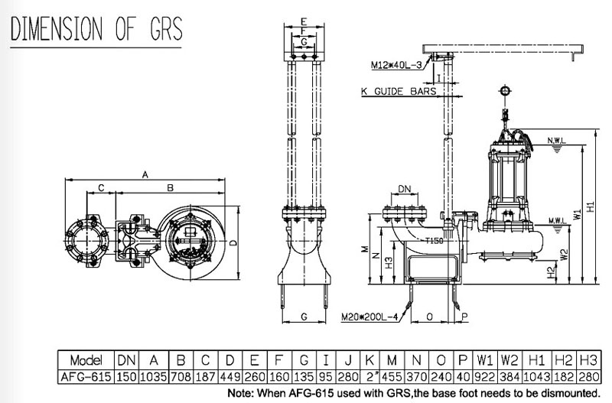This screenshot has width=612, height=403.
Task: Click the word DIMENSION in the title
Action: (x=57, y=29)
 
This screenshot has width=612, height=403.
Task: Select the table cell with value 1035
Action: (x=154, y=377)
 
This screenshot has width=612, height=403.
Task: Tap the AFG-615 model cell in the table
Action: (x=86, y=377)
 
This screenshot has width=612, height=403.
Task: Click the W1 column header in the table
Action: (x=485, y=360)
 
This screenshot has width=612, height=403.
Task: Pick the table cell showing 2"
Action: (x=369, y=377)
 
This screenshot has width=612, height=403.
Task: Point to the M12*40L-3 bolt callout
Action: (x=396, y=65)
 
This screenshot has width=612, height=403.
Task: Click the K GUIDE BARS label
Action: (x=398, y=91)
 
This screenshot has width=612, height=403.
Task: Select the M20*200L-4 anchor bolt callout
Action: (x=369, y=317)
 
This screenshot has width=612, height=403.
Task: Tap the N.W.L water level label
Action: (x=557, y=141)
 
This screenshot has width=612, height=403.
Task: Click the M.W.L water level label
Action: (x=557, y=221)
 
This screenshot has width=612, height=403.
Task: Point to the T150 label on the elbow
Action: (x=434, y=241)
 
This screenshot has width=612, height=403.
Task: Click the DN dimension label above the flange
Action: (x=405, y=189)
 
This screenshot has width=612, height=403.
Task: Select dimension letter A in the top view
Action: (x=145, y=174)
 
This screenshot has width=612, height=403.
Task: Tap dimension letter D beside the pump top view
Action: (x=233, y=242)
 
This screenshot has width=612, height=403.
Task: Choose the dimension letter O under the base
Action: (x=429, y=317)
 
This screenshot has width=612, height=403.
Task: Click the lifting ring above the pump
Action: (x=506, y=91)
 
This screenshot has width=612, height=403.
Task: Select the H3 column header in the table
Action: (x=588, y=360)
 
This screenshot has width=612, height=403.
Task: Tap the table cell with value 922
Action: (x=485, y=377)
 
